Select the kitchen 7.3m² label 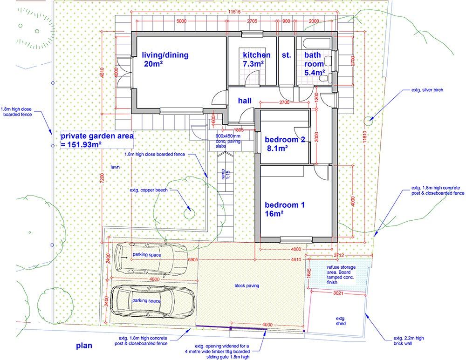pyautogui.click(x=256, y=59)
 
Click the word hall pyautogui.click(x=245, y=101)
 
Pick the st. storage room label pyautogui.click(x=286, y=55)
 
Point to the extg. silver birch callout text pyautogui.click(x=424, y=89)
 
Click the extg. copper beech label pyautogui.click(x=149, y=190)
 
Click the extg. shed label pyautogui.click(x=341, y=321)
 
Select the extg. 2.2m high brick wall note pyautogui.click(x=409, y=340)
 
